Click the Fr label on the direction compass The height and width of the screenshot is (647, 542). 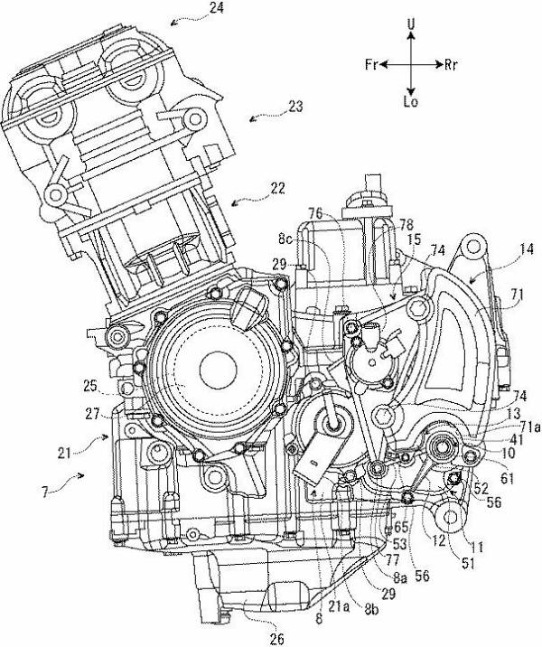click(x=371, y=65)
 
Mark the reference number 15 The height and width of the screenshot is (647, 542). click(x=415, y=239)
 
